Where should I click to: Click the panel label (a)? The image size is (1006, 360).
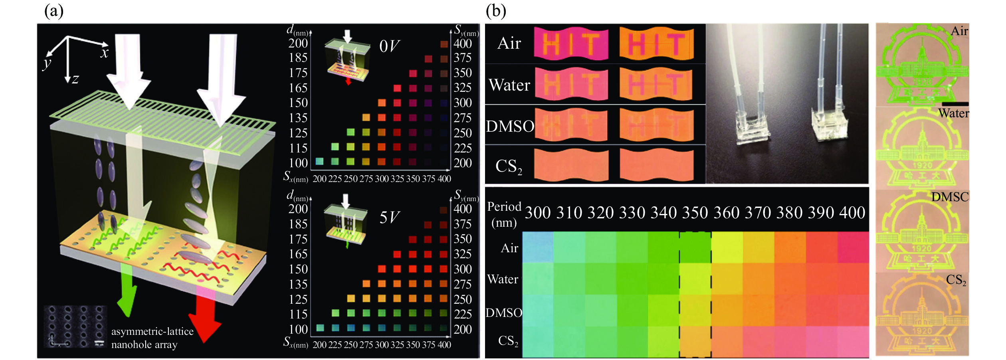click(x=54, y=11)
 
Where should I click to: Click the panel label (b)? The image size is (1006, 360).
click(x=496, y=11)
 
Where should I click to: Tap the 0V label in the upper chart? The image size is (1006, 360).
click(x=389, y=46)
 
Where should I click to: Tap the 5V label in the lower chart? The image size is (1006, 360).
click(x=389, y=218)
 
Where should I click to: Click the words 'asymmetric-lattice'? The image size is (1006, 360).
click(x=152, y=332)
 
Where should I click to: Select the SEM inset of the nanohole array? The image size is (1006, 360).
click(x=75, y=326)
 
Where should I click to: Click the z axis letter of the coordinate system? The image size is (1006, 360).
click(x=75, y=79)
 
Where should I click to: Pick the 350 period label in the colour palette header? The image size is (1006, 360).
click(x=695, y=213)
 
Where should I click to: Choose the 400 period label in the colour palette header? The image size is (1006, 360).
click(x=852, y=213)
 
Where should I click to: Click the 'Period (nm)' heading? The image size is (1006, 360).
click(x=504, y=214)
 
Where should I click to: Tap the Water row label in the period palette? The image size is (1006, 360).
click(x=503, y=279)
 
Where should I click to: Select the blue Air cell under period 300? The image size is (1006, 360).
click(x=538, y=247)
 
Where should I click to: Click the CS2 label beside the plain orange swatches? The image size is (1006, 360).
click(x=509, y=166)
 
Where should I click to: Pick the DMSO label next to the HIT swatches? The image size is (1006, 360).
click(x=510, y=127)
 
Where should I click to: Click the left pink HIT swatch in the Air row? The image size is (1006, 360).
click(x=571, y=44)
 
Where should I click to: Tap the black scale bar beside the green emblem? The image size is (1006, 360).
click(x=955, y=104)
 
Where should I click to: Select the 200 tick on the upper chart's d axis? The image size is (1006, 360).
click(x=298, y=43)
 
